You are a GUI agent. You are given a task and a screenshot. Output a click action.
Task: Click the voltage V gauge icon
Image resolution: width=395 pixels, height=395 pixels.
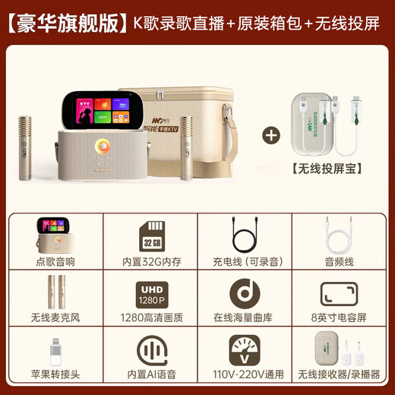[245, 352]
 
